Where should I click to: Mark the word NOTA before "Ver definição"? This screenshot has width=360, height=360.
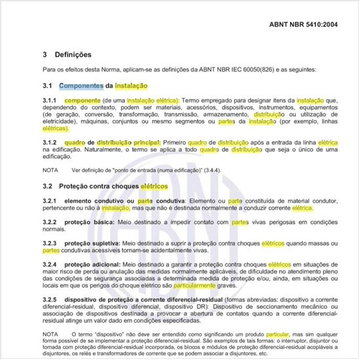click(50, 170)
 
